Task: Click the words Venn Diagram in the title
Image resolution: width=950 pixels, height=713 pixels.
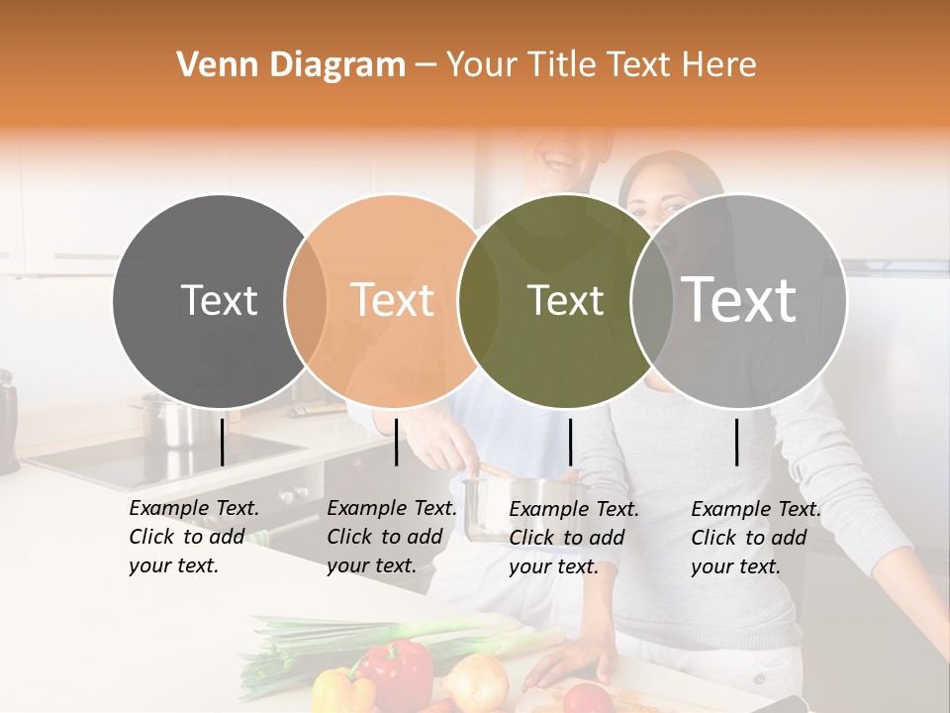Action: (291, 65)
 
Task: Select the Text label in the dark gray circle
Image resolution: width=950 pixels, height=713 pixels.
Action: (219, 301)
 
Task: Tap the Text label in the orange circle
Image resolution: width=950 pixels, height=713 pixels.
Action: (392, 301)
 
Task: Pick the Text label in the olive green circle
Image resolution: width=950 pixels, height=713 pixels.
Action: (565, 301)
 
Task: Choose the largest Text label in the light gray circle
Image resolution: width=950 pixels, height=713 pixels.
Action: (738, 300)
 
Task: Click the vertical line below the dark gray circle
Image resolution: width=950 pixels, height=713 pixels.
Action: (223, 442)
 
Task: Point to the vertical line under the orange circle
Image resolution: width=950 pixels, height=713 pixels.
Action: (396, 442)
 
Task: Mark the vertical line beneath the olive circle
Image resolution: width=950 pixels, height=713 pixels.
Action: (570, 442)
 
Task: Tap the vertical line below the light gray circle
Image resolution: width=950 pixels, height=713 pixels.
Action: (737, 442)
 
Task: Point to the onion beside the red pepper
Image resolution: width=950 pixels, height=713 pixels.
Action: (475, 681)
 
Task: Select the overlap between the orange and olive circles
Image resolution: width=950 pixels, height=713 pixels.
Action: (479, 301)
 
